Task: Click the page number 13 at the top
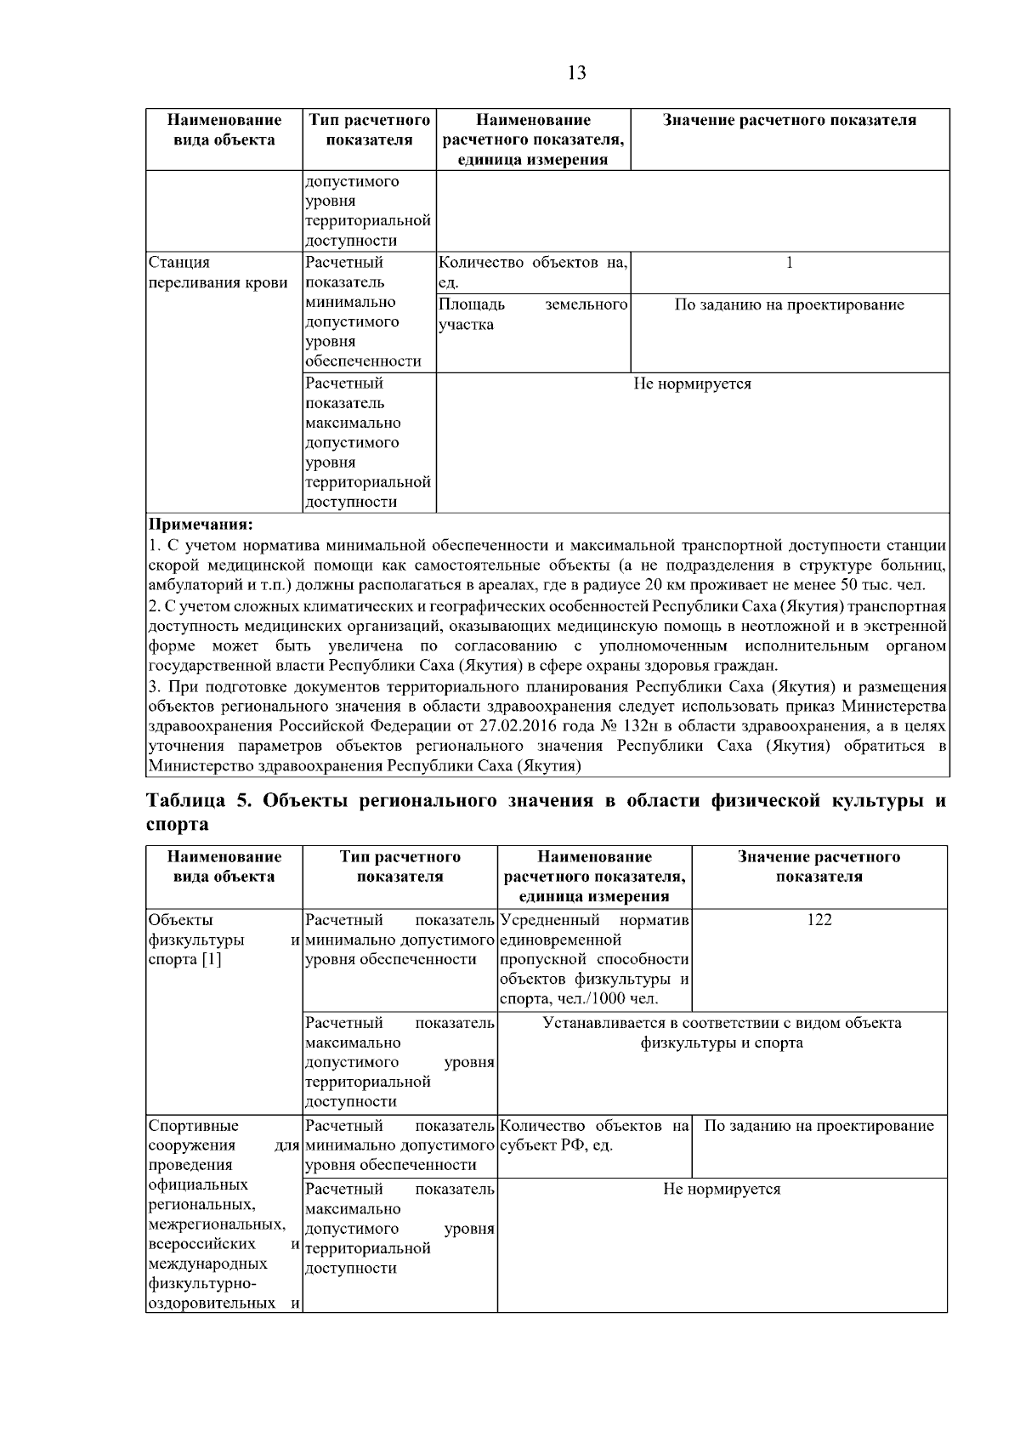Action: (x=576, y=73)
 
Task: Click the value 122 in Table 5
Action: (x=819, y=920)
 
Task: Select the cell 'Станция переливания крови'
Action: (x=218, y=272)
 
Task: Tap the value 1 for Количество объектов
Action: (x=790, y=263)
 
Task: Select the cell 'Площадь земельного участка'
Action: (x=533, y=315)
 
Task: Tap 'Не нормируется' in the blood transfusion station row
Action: (x=692, y=384)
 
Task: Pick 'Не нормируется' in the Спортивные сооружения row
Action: (x=722, y=1189)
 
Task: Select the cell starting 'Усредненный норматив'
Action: (x=594, y=959)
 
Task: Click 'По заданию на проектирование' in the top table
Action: (x=790, y=305)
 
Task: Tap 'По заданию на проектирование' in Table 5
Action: (x=819, y=1126)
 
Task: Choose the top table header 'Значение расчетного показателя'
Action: (x=790, y=121)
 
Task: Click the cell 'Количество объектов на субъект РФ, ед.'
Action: (x=594, y=1135)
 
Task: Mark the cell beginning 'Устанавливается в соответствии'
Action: (x=722, y=1032)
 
